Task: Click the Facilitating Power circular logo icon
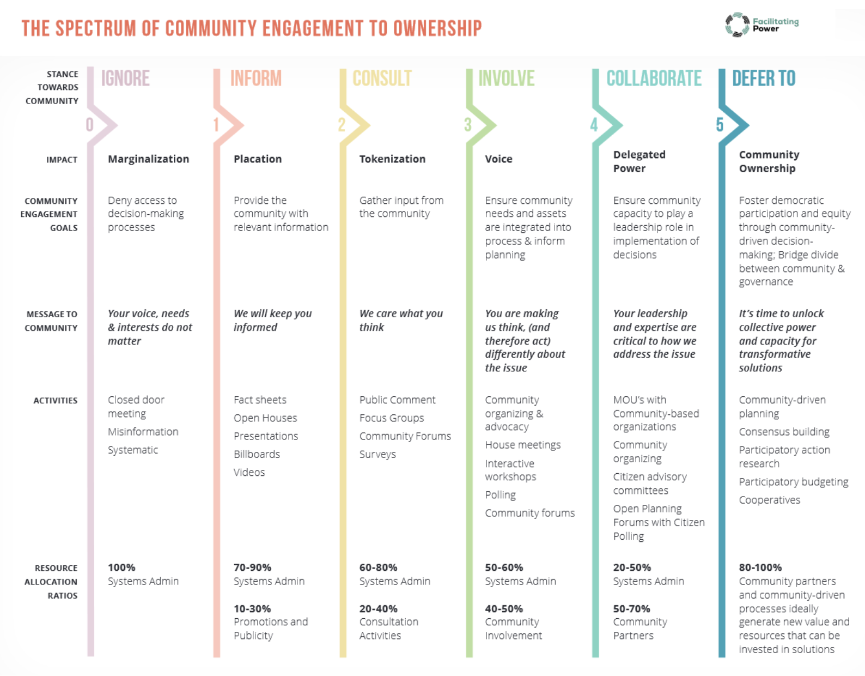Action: tap(737, 25)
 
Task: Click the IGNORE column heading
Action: tap(125, 78)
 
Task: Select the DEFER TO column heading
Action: tap(764, 78)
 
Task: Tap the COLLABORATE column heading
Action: tap(654, 78)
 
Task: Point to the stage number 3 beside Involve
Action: tap(468, 125)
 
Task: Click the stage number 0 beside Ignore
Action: tap(89, 125)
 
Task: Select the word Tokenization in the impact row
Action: tap(392, 159)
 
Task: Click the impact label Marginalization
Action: tap(149, 159)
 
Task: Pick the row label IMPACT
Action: tap(62, 160)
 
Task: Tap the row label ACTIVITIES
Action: tap(56, 400)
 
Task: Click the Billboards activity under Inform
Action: tap(257, 454)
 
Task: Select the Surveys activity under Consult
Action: tap(377, 455)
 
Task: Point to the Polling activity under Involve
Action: tap(501, 495)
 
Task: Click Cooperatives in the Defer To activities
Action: tap(770, 500)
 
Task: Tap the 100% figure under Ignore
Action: tap(121, 568)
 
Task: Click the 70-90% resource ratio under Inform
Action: tap(252, 568)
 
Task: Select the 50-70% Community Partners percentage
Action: tap(631, 609)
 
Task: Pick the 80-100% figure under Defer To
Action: tap(760, 568)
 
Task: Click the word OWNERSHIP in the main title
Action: tap(437, 28)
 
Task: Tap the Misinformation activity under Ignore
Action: tap(143, 432)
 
